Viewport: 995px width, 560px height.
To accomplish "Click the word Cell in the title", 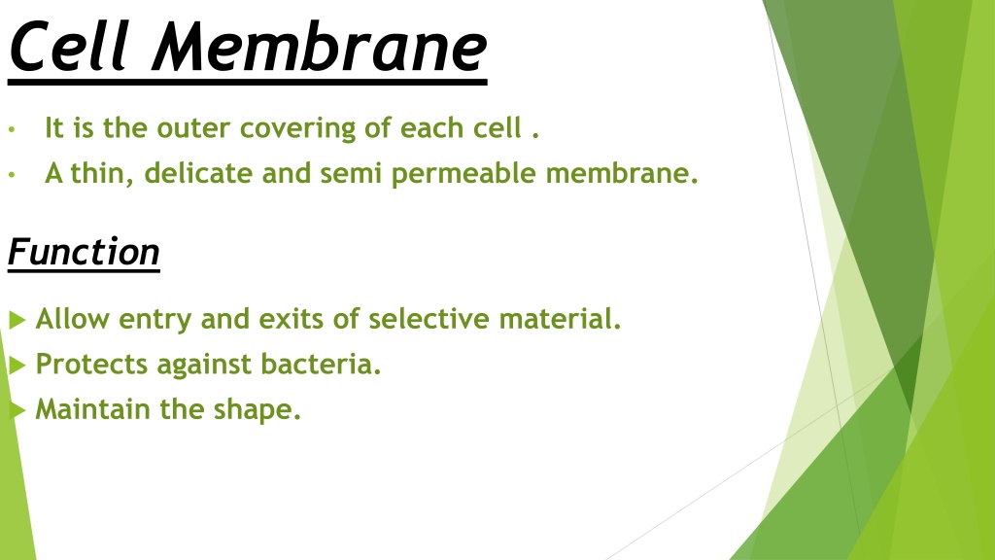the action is click(x=70, y=47).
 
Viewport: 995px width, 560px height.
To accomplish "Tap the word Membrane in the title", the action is click(x=320, y=47).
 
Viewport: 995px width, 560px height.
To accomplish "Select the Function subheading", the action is click(x=84, y=252).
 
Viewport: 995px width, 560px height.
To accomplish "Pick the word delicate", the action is click(x=198, y=173).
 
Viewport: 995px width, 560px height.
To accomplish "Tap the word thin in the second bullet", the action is click(x=101, y=173).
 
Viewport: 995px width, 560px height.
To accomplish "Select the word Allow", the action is click(x=72, y=318).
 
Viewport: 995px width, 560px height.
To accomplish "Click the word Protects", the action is click(x=91, y=364).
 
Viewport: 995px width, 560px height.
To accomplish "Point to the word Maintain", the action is click(x=92, y=409).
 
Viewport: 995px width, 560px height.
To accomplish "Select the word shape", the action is click(x=257, y=410).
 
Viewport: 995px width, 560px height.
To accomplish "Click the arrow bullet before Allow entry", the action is click(x=17, y=319).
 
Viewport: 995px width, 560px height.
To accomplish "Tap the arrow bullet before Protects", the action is click(x=17, y=366).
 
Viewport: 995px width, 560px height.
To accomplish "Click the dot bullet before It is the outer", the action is click(x=12, y=130).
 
